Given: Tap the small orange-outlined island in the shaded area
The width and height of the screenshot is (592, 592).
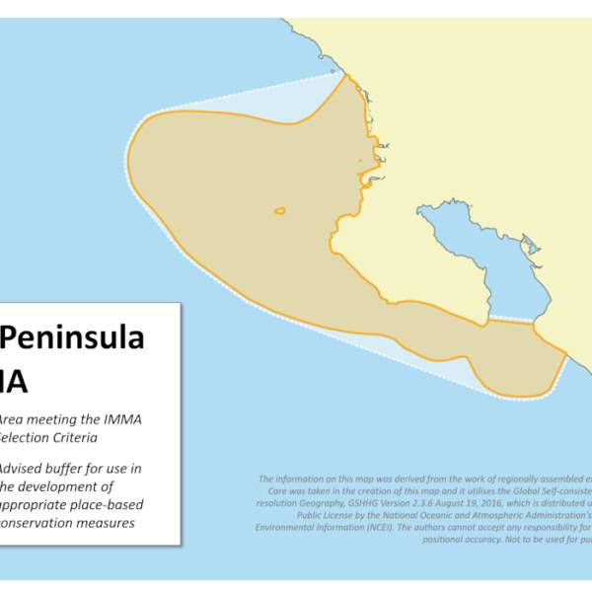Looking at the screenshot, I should [280, 210].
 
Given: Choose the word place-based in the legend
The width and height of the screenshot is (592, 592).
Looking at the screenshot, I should [104, 505].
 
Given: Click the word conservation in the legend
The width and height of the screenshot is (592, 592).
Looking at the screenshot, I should [36, 524].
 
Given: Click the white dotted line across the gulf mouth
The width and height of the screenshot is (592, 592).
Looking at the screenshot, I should [511, 320].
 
